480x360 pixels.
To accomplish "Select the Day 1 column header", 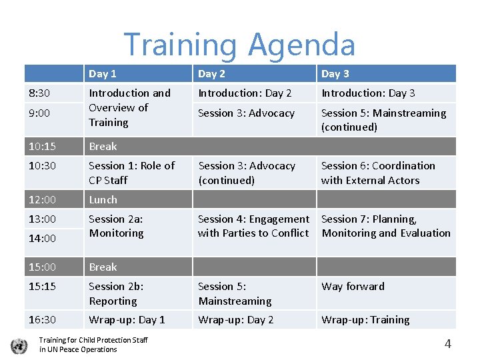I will (x=103, y=73).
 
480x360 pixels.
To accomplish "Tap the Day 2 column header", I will (x=212, y=73).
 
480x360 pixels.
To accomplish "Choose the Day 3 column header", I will (x=335, y=73).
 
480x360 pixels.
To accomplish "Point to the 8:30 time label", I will (x=39, y=93).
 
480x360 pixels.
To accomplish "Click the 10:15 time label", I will (x=42, y=146).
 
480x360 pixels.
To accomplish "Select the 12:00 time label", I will (x=42, y=199).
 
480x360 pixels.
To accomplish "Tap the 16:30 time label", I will (x=42, y=319).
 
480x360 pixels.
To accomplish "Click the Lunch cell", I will (x=103, y=199).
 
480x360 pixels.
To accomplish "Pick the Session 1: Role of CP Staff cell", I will (x=131, y=173).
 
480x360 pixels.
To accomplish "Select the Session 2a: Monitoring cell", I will (x=117, y=226).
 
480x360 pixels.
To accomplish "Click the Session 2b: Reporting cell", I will (x=117, y=293).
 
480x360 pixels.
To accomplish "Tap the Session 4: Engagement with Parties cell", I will (x=253, y=226).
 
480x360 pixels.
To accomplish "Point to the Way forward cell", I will (x=353, y=287).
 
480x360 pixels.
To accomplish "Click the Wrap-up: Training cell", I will (x=365, y=319).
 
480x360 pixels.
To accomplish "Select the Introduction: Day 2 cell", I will (x=245, y=93).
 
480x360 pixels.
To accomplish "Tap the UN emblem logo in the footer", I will (x=19, y=345).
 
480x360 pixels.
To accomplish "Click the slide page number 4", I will (x=447, y=344).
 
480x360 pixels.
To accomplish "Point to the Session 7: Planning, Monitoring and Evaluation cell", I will (x=386, y=226).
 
